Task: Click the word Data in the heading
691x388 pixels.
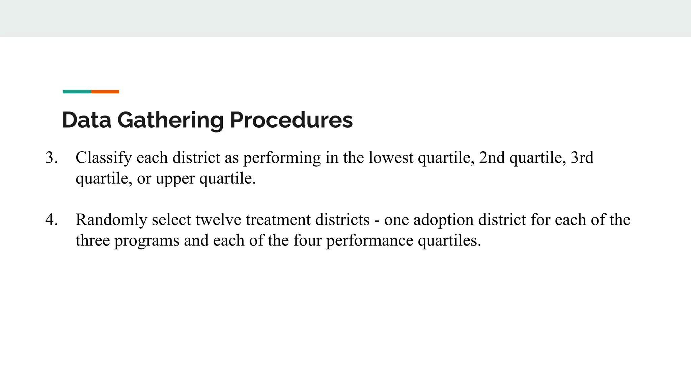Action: pyautogui.click(x=87, y=120)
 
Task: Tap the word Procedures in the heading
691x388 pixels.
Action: pyautogui.click(x=291, y=120)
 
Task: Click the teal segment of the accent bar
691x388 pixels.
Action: pyautogui.click(x=77, y=92)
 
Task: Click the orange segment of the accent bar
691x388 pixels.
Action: pyautogui.click(x=105, y=92)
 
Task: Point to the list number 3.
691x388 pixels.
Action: pyautogui.click(x=51, y=158)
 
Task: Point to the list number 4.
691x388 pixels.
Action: pyautogui.click(x=51, y=220)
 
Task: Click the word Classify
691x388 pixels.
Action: pyautogui.click(x=104, y=158)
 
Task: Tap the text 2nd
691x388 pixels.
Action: pyautogui.click(x=492, y=158)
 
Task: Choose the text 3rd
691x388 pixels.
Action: pyautogui.click(x=582, y=158)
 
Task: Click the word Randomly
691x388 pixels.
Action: pyautogui.click(x=111, y=220)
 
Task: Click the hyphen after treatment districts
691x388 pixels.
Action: pyautogui.click(x=377, y=220)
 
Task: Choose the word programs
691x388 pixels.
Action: pyautogui.click(x=147, y=240)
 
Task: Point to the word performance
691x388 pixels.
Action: pyautogui.click(x=369, y=240)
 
